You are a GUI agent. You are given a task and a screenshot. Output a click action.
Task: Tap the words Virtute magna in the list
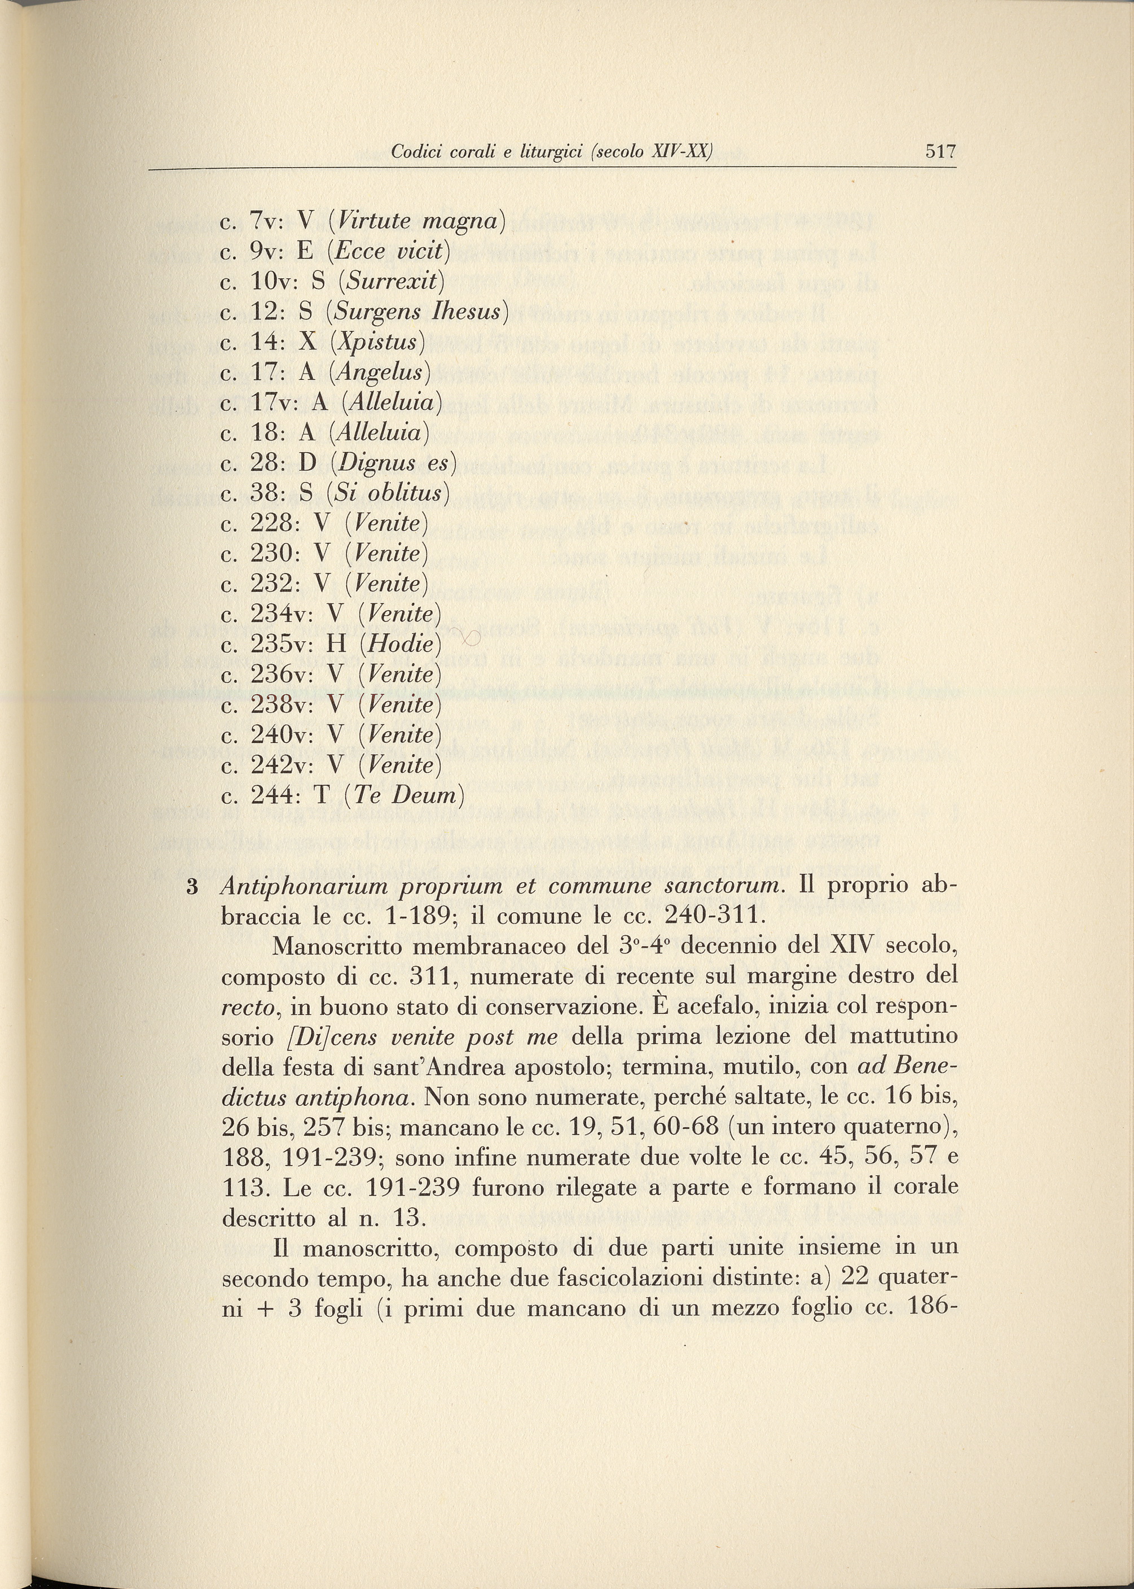point(417,221)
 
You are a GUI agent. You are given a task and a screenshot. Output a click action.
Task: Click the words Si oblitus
point(388,494)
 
